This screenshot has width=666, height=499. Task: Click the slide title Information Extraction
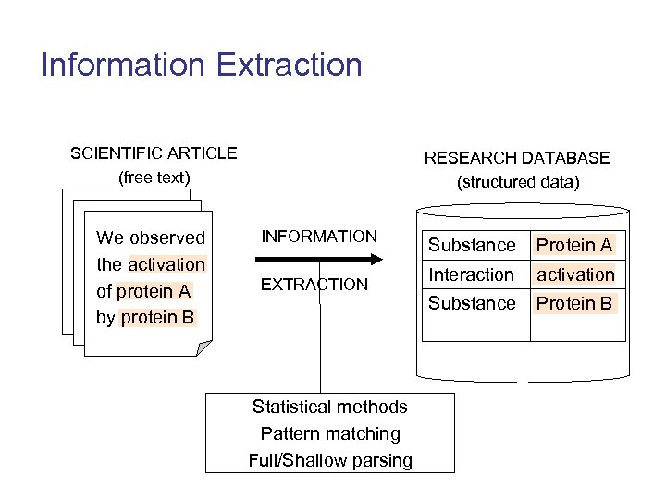(x=202, y=65)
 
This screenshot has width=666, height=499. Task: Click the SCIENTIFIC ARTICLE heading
(x=154, y=152)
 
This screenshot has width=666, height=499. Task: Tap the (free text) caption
(x=154, y=176)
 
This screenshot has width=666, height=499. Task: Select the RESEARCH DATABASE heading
(x=517, y=157)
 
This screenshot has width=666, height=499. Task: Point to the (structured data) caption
(x=518, y=182)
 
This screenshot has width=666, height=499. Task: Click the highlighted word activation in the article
(x=166, y=264)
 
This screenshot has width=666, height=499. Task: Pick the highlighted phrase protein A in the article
(x=154, y=291)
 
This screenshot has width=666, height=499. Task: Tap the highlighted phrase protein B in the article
(x=158, y=318)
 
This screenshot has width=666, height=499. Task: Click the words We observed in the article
(x=151, y=237)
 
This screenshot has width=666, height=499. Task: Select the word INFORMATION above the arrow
(x=319, y=237)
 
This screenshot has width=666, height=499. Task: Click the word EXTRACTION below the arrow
(x=314, y=285)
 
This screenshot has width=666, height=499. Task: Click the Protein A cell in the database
(x=574, y=245)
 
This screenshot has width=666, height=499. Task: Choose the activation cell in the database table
(x=575, y=274)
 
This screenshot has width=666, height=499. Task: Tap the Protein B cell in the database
(x=574, y=303)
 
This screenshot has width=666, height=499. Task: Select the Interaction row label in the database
(x=471, y=274)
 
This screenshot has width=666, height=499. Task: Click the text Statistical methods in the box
(x=329, y=407)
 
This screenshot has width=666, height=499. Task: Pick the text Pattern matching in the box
(x=329, y=433)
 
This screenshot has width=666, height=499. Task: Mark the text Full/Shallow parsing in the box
(x=329, y=460)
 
